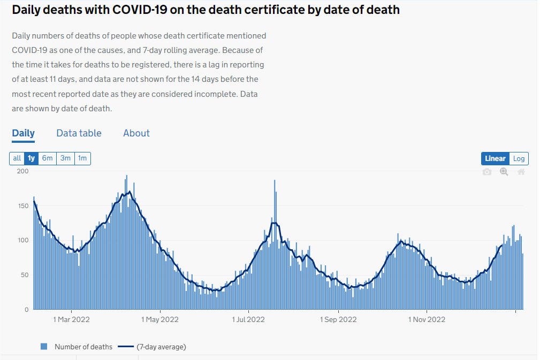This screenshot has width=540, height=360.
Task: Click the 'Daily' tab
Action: pos(23,133)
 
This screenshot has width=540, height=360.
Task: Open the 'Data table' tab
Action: pos(79,133)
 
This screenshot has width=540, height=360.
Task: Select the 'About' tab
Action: pos(136,133)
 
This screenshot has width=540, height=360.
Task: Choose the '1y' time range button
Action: pos(32,158)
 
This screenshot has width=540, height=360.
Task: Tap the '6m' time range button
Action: pos(48,158)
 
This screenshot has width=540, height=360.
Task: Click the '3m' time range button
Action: pos(65,158)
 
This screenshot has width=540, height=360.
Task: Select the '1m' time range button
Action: pos(82,158)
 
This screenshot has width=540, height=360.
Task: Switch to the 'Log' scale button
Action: pos(519,158)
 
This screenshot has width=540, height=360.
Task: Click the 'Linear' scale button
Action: pos(495,158)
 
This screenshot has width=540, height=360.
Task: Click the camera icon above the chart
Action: pos(487,172)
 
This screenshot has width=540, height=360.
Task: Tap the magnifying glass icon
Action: pos(504,172)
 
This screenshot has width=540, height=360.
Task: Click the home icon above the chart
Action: pos(521,172)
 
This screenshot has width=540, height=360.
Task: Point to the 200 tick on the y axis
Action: pos(22,171)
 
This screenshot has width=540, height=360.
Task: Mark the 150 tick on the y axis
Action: pos(22,206)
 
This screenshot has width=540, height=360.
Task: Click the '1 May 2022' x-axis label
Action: pos(160,319)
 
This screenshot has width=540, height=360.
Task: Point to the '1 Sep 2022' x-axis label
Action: pos(338,319)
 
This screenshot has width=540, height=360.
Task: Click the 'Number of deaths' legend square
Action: pos(44,347)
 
